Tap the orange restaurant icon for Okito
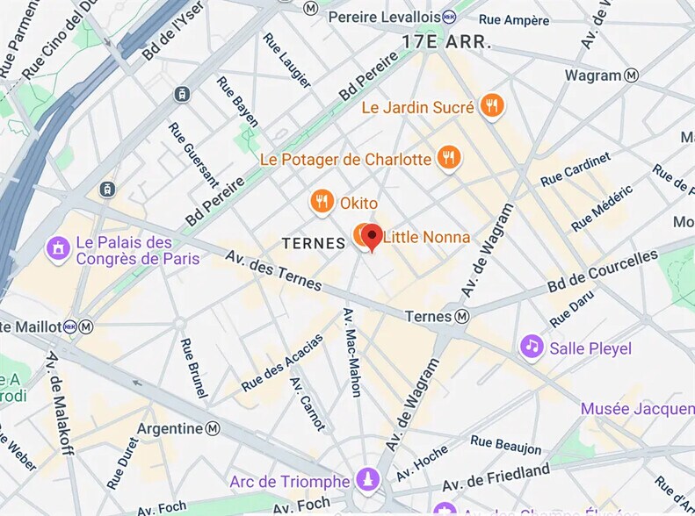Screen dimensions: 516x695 point(322,203)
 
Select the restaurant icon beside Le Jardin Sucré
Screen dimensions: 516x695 point(492,106)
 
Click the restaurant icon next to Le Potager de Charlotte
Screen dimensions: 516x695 point(449,158)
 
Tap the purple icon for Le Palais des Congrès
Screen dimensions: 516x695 point(59,249)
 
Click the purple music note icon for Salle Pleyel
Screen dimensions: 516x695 point(531,347)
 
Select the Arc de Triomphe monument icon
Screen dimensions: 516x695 point(368,480)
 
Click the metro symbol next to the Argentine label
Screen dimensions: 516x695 point(213,428)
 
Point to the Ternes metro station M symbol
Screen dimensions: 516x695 point(462,316)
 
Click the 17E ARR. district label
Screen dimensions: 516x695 point(445,42)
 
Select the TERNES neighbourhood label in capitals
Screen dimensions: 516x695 point(314,244)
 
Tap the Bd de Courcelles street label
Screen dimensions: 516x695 point(603,273)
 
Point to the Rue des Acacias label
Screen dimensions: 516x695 point(282,362)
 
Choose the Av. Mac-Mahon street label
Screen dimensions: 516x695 point(352,351)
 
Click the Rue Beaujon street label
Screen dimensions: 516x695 point(506,445)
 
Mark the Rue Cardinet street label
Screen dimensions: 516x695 point(576,168)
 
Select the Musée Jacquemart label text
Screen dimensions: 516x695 point(637,409)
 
